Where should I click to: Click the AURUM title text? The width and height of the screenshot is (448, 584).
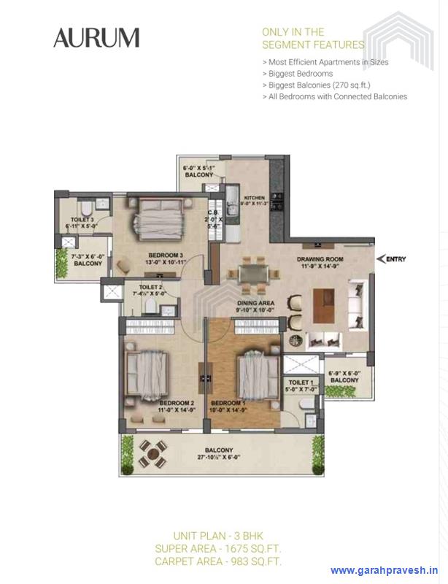tap(96, 38)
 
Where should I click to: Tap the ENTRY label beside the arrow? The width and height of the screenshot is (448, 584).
tap(396, 259)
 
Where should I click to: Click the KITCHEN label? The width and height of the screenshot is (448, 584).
tap(254, 198)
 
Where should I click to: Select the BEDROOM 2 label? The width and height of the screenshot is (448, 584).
tap(176, 403)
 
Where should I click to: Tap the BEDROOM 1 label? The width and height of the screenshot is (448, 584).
tap(228, 403)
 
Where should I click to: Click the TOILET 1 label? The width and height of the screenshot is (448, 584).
tap(301, 383)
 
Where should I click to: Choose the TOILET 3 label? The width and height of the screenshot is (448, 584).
tap(82, 219)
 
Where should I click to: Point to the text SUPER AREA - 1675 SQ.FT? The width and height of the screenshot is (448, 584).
tap(218, 548)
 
